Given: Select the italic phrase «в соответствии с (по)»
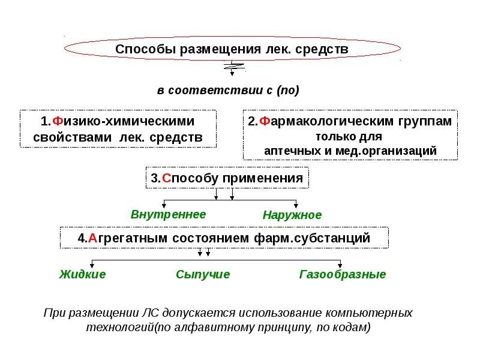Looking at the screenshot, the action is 228,91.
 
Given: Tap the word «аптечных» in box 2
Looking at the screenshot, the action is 291,151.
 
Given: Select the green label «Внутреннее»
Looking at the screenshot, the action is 168,214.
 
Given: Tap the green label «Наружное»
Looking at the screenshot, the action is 292,215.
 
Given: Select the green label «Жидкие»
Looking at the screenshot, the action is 83,274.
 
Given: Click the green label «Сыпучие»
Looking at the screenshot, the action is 203,274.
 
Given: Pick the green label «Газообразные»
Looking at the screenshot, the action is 342,274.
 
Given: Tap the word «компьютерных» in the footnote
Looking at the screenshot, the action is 368,313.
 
